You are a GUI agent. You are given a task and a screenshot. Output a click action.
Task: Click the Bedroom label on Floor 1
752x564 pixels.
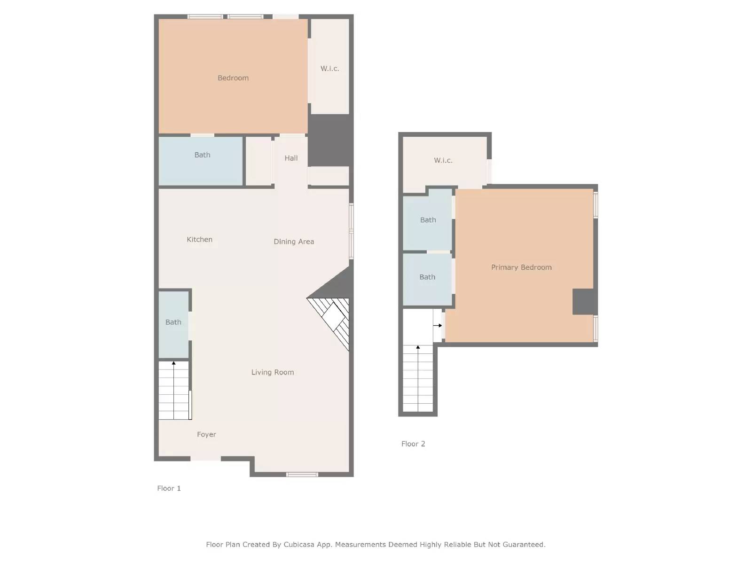pos(233,78)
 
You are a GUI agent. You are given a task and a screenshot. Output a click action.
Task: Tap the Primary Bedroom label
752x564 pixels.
pos(521,267)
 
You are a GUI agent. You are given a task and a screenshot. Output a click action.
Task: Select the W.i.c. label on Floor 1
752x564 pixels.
pos(329,69)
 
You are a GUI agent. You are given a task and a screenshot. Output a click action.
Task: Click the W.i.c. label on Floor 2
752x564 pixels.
pos(443,160)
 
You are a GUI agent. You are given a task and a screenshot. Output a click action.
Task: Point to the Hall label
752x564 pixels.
pos(291,158)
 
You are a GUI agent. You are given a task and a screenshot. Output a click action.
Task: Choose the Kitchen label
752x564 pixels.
pos(199,240)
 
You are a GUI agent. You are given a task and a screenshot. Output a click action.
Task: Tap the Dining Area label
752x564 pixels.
pos(294,242)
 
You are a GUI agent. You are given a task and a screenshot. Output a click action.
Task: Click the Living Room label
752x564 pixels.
pos(273,372)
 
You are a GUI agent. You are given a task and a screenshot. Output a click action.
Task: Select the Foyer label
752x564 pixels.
pos(206,435)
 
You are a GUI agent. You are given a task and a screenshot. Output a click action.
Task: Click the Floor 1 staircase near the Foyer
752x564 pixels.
pos(174,390)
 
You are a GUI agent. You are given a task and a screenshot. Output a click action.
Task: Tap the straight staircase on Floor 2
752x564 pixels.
pos(418,378)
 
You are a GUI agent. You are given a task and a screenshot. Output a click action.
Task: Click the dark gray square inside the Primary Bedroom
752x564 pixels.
pos(584,302)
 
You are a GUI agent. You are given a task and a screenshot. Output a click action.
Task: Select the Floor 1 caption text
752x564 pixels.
pos(169,488)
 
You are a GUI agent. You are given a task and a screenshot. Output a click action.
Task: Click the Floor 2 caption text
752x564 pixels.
pos(413,444)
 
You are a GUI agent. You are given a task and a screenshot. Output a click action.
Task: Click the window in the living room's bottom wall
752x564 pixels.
pos(302,474)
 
